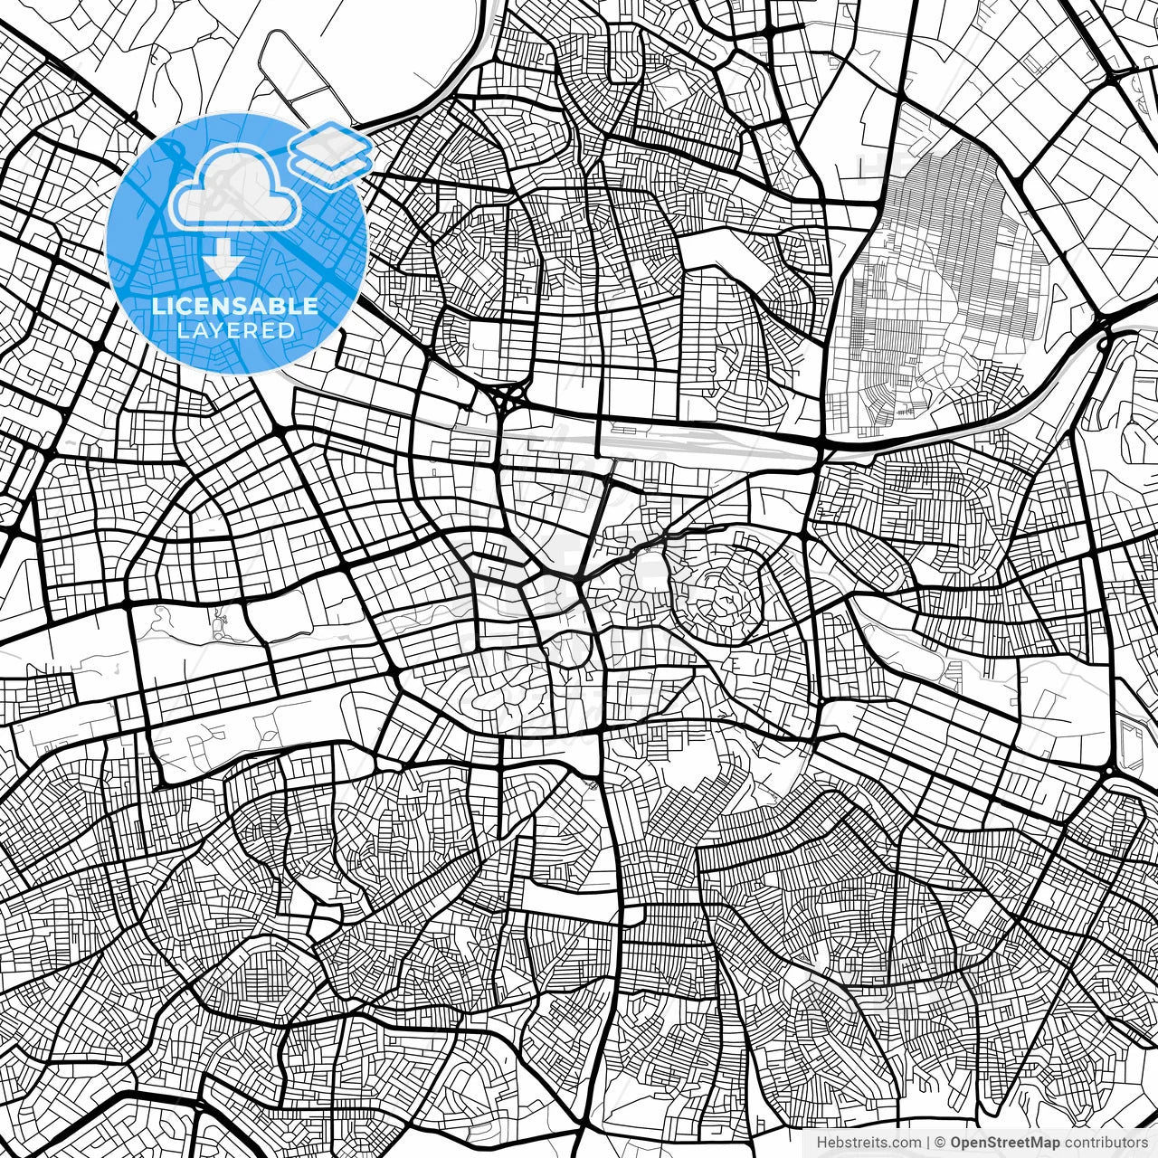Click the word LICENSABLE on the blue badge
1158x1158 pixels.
[x=235, y=306]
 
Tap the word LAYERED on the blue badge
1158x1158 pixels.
[x=235, y=330]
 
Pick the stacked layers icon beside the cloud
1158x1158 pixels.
[x=331, y=154]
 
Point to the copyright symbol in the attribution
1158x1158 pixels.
[x=940, y=1143]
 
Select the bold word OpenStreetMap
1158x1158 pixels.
[x=1004, y=1143]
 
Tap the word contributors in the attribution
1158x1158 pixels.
[x=1105, y=1143]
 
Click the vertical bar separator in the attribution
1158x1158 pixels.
[x=927, y=1143]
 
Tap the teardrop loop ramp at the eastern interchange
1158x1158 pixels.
[x=1103, y=343]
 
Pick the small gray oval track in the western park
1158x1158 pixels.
[x=219, y=623]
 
